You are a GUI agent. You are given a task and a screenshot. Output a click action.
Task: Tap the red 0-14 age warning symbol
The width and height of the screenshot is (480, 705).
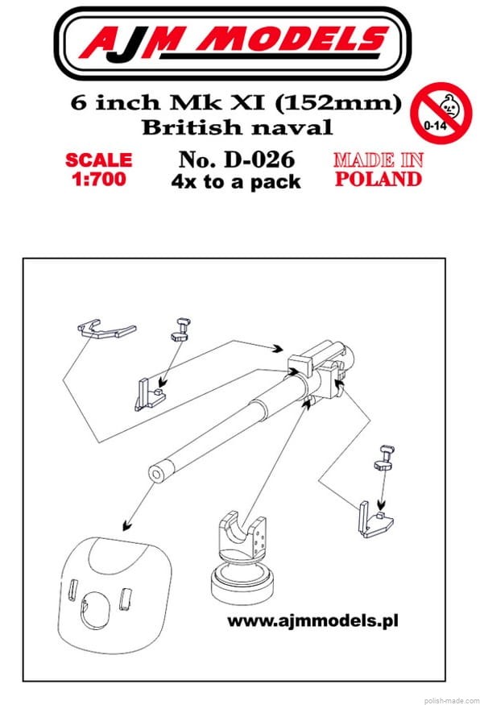point(443,112)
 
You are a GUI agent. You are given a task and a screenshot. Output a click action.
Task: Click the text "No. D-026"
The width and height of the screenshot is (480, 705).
point(237,160)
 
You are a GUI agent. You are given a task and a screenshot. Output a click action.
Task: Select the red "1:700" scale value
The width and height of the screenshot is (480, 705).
point(99,179)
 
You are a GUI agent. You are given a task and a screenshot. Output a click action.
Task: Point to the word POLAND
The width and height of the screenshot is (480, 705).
point(379,179)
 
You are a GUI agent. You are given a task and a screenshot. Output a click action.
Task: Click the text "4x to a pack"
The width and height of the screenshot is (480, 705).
point(236,181)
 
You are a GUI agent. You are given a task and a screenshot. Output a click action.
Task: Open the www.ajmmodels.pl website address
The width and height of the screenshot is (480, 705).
point(312,621)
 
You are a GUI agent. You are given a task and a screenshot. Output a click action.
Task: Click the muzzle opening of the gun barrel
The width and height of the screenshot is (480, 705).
point(157,475)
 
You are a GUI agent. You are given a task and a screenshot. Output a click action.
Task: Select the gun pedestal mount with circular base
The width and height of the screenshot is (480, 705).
point(242,558)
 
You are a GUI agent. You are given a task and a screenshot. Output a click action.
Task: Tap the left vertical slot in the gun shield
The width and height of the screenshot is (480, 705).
point(73,590)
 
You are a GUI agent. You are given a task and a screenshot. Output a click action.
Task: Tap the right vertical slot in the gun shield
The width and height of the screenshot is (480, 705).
point(126,599)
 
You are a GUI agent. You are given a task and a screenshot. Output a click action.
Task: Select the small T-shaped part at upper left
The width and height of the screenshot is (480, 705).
point(181,330)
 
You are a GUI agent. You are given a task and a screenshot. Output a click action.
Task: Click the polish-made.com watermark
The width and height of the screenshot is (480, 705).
point(451,700)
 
